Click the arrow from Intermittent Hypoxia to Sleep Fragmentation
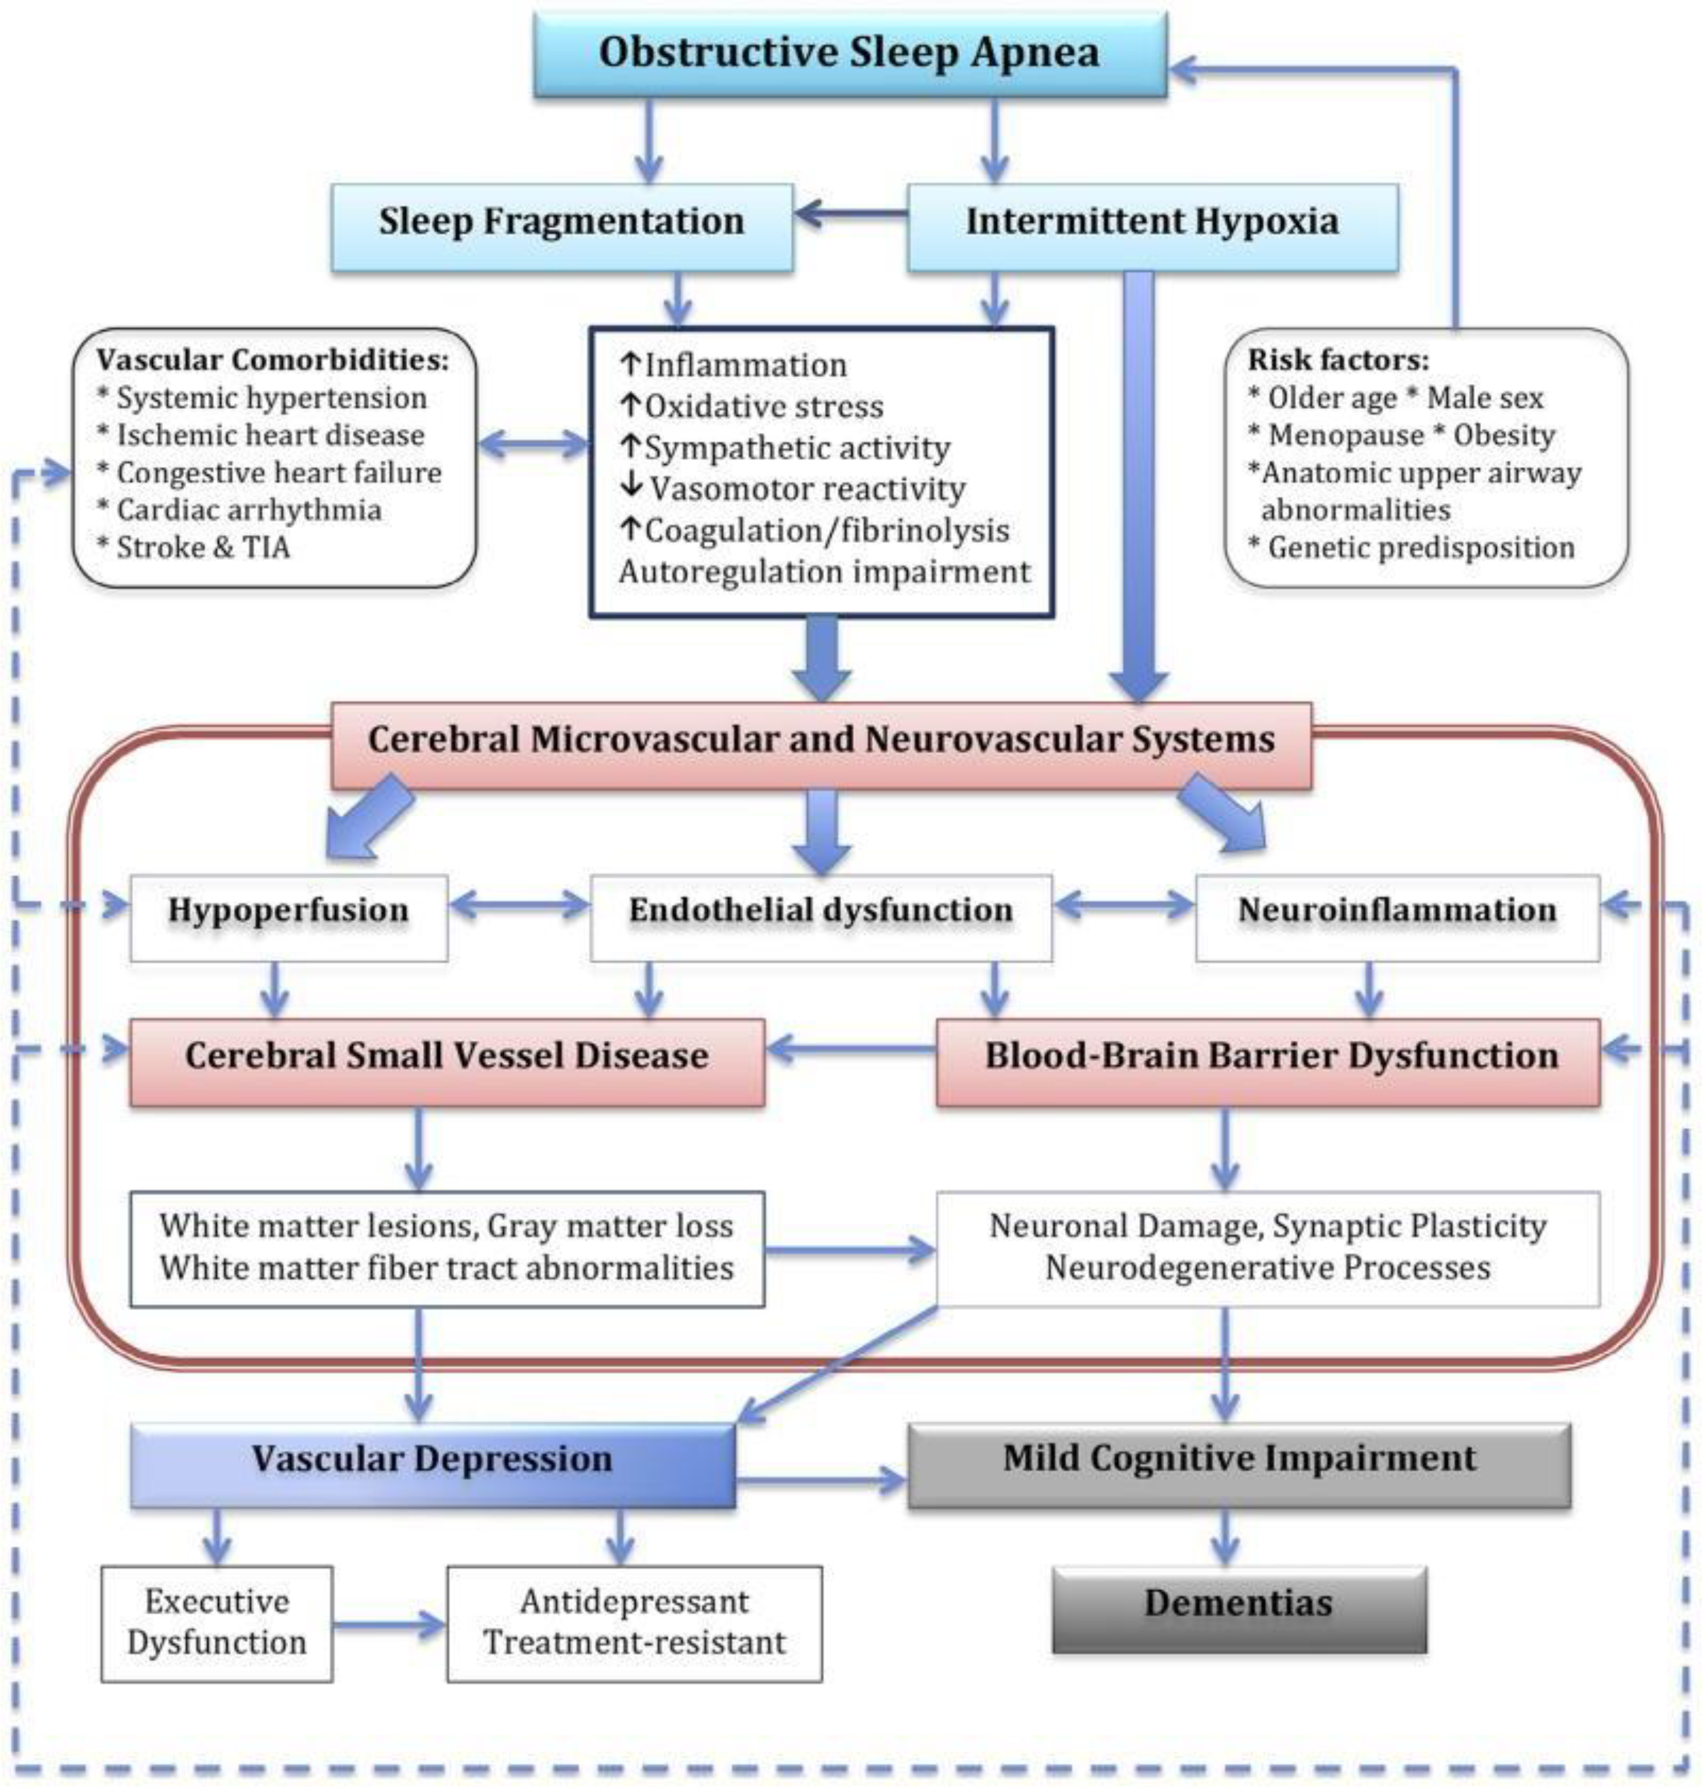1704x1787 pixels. (x=851, y=215)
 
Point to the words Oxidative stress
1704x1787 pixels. (x=763, y=406)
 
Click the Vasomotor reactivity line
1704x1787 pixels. (x=792, y=489)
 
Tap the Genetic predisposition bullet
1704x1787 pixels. (x=1412, y=547)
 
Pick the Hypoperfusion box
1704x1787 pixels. (x=289, y=918)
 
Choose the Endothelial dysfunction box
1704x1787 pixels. (x=821, y=918)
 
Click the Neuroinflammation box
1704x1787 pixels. (x=1397, y=918)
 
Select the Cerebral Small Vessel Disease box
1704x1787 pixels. (x=447, y=1061)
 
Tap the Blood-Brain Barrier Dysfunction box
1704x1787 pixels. (x=1268, y=1061)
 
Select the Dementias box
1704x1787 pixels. (x=1239, y=1609)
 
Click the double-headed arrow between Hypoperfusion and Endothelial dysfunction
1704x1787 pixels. (x=520, y=905)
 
